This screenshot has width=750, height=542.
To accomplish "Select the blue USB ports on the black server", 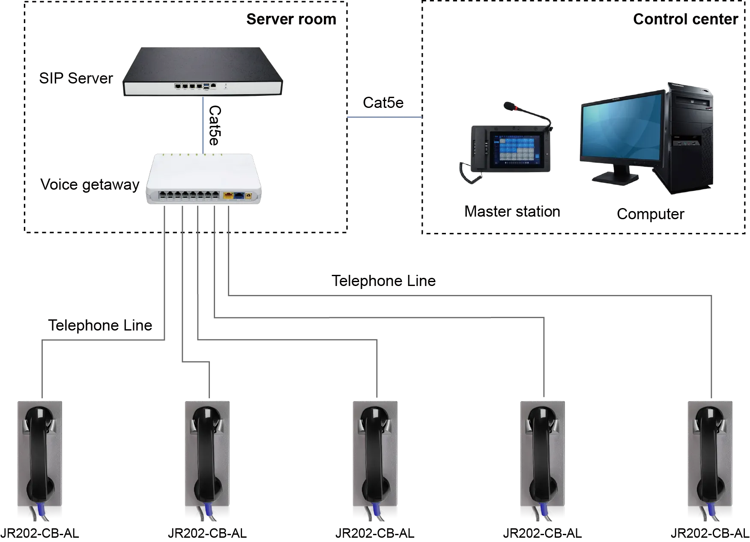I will [x=206, y=86].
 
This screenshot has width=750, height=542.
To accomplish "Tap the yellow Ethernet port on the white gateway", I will [x=228, y=196].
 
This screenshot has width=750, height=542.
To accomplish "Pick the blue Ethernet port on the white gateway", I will [x=239, y=196].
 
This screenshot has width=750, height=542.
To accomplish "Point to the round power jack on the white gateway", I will [x=248, y=197].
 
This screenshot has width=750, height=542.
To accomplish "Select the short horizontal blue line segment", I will [x=385, y=117].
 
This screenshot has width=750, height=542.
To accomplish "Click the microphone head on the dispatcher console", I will [x=509, y=105].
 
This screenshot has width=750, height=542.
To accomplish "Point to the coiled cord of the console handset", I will [x=470, y=173].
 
